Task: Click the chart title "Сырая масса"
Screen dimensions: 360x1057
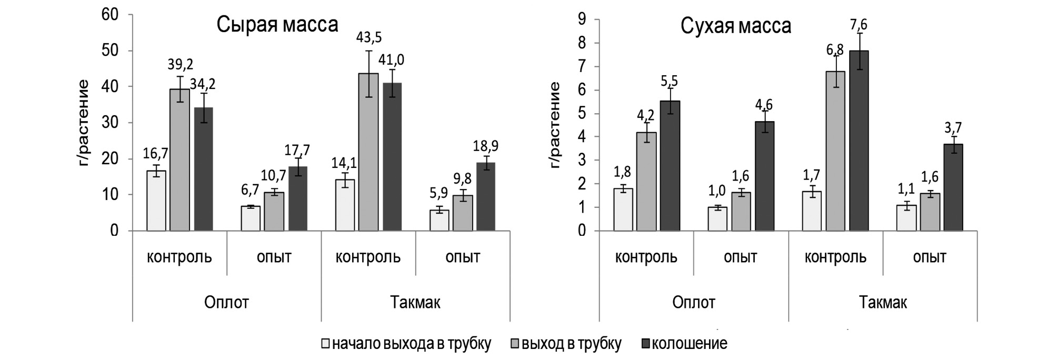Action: click(x=277, y=25)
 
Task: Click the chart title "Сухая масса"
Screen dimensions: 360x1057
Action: click(x=736, y=25)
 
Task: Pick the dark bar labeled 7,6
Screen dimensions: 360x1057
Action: click(x=859, y=141)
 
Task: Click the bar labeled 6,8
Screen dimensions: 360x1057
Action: click(x=835, y=151)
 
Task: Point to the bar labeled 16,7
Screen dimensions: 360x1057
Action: click(x=156, y=201)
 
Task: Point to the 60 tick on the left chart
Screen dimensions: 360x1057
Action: click(x=111, y=15)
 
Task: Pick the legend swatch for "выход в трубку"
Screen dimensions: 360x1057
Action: click(x=515, y=344)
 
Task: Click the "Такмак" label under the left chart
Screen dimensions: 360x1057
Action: click(x=415, y=303)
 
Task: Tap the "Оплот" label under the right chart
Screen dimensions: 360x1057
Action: click(x=694, y=303)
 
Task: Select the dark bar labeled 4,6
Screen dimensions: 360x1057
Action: click(x=764, y=176)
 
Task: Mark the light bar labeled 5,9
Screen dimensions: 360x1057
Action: click(x=439, y=220)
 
